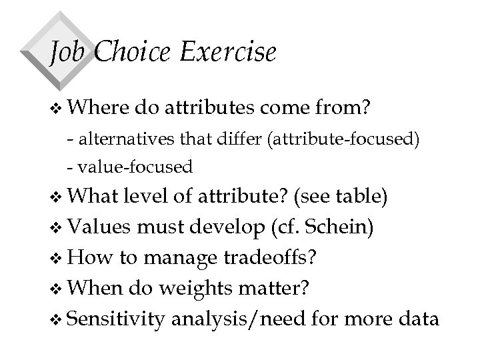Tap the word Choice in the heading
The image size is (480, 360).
133,51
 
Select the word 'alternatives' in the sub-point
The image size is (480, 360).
117,141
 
